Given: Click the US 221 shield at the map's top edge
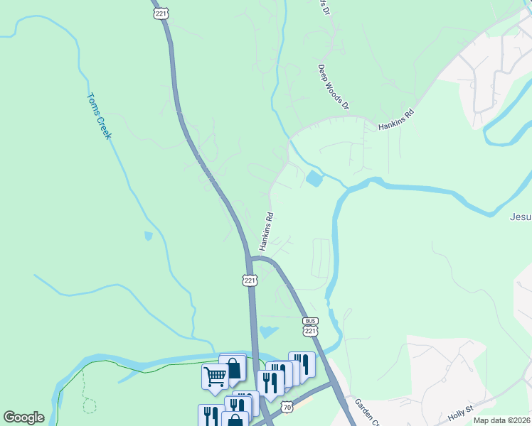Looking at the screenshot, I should [161, 13].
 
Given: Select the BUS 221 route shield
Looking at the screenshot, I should [309, 327].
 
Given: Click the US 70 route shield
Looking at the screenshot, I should [286, 407].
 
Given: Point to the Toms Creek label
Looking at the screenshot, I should [99, 116].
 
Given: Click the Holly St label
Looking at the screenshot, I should [460, 411].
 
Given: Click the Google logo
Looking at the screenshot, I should [23, 417].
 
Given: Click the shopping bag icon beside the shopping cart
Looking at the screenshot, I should [233, 366].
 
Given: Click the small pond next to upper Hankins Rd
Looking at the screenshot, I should [313, 179].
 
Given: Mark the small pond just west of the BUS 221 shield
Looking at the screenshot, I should [268, 332].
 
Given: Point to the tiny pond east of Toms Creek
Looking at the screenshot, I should [148, 235].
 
